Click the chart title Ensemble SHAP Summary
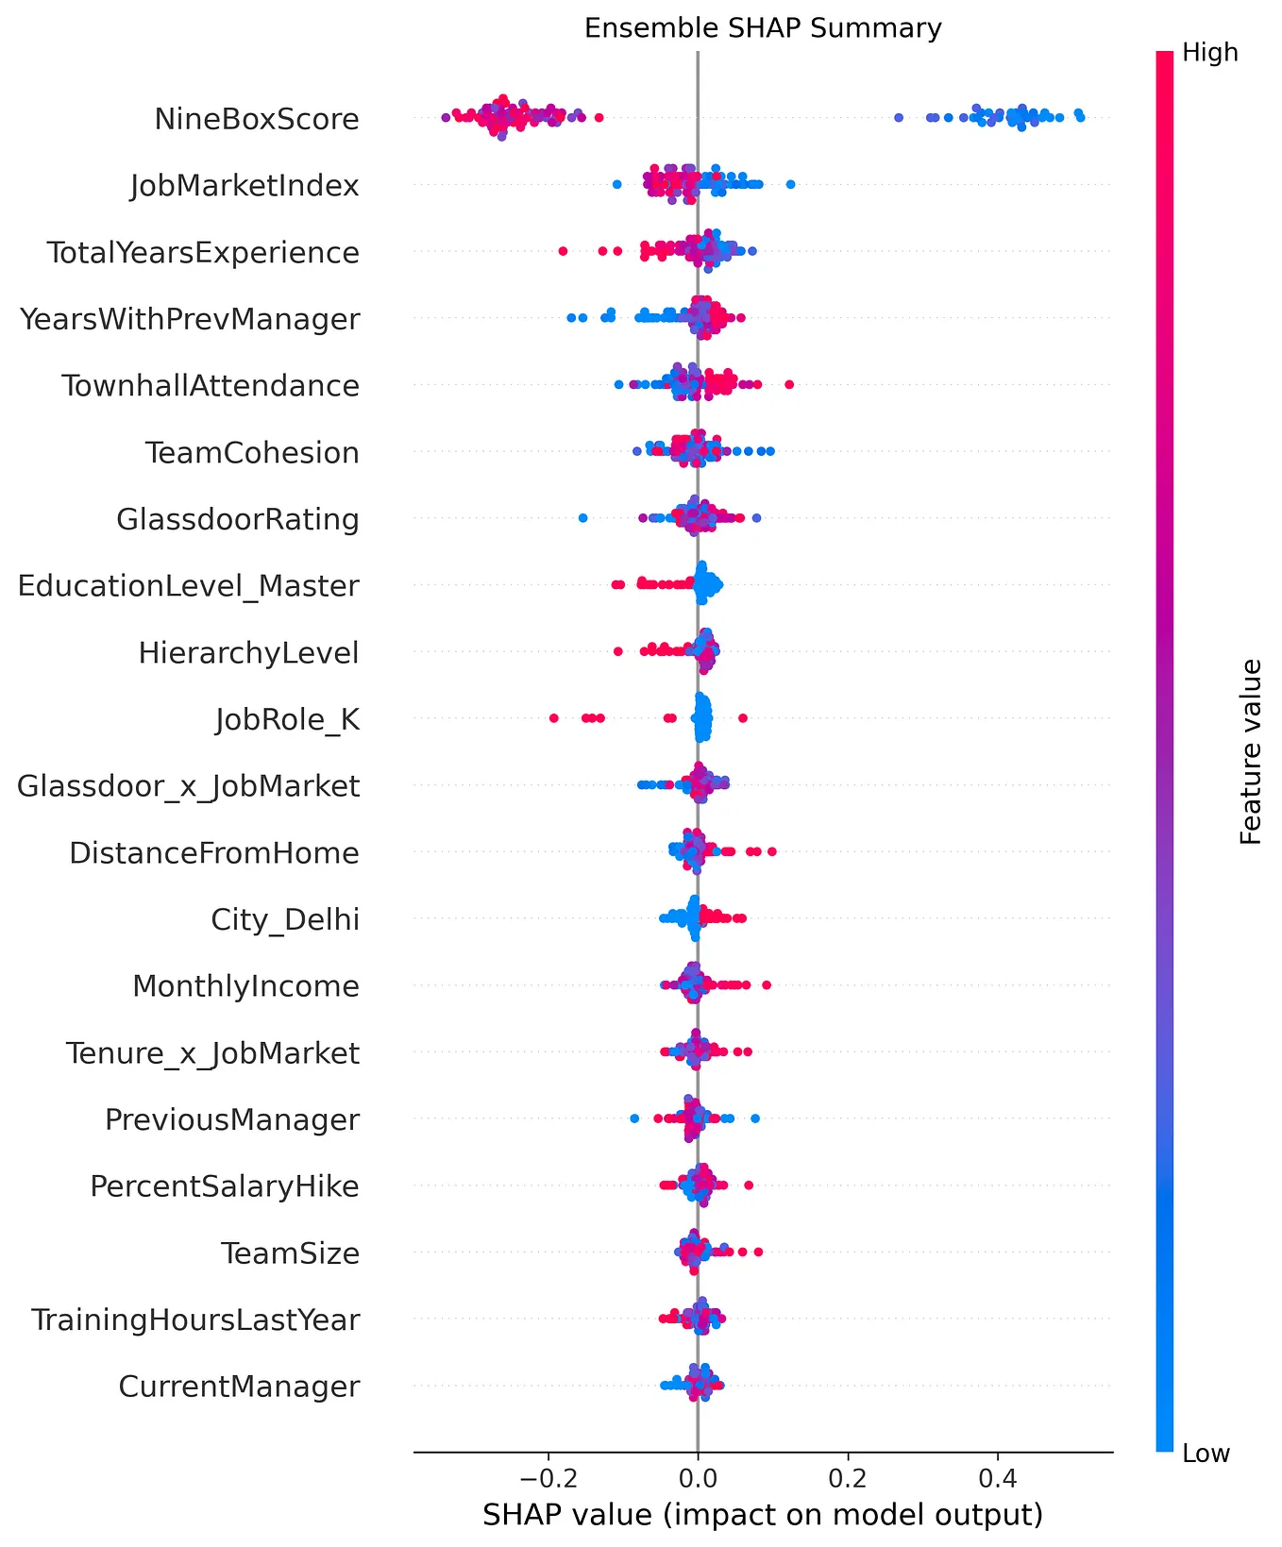tap(763, 28)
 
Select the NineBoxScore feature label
tap(257, 120)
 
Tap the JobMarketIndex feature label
tap(245, 186)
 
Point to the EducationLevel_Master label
tap(189, 586)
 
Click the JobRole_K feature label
tap(287, 720)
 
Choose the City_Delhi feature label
tap(285, 920)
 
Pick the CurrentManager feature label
tap(239, 1387)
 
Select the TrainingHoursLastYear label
tap(195, 1320)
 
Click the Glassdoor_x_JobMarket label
tap(189, 786)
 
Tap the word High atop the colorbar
tap(1209, 53)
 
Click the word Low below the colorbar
tap(1206, 1454)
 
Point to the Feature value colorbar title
tap(1251, 752)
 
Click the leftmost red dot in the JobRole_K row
tap(554, 719)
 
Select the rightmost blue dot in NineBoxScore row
tap(1080, 117)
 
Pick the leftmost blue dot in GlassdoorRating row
tap(582, 518)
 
